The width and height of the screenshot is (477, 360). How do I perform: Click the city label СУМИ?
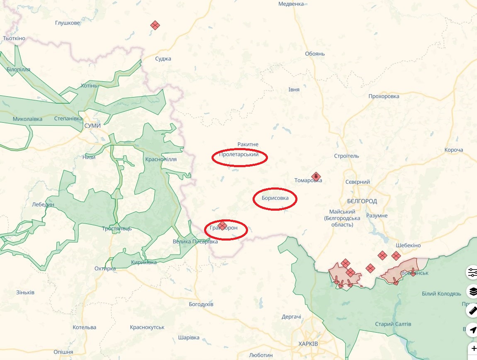pos(92,125)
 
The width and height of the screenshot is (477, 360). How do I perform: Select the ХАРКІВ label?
pos(308,344)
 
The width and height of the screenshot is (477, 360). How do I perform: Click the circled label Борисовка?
pos(275,198)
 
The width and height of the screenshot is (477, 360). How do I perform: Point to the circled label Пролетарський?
pos(239,155)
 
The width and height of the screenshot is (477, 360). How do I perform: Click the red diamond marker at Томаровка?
pos(316,176)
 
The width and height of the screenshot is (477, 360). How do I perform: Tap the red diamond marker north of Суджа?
pos(155,25)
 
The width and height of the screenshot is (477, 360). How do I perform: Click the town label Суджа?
pos(163,59)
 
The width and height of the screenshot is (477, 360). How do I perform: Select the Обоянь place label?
pos(315,54)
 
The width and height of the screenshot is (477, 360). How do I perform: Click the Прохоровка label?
pos(384,96)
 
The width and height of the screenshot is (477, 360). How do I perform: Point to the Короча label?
pos(453,150)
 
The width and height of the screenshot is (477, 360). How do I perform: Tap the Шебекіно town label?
pos(408,245)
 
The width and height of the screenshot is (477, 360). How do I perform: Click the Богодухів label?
pos(201,304)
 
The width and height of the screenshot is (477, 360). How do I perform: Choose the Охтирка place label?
pos(105,269)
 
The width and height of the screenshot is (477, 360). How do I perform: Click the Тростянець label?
pos(117,229)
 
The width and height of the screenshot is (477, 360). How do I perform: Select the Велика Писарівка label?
pos(195,241)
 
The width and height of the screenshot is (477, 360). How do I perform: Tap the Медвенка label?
pos(291,4)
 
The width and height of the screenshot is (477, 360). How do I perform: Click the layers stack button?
pos(472,292)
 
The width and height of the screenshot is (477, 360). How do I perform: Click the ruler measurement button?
pos(472,311)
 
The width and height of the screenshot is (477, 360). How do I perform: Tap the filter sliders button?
pos(472,272)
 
